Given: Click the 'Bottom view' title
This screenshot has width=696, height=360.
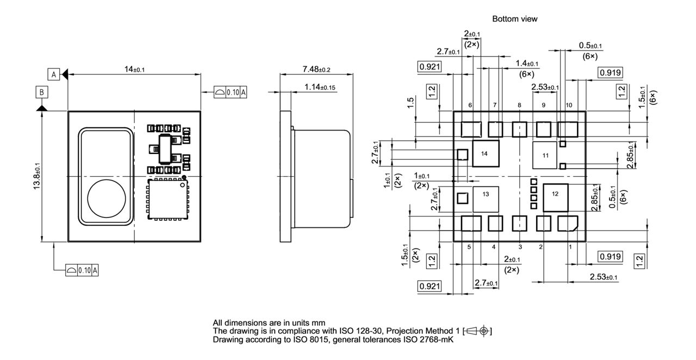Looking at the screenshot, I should tap(514, 19).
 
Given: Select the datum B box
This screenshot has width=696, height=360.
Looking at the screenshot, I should tap(41, 92).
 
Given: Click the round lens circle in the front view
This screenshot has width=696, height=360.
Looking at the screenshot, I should tap(107, 197).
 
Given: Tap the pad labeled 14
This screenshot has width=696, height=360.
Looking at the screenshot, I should tap(484, 154).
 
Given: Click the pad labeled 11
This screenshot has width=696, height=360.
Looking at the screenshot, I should tap(545, 156).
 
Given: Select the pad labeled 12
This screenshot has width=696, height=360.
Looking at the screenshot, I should tap(555, 194).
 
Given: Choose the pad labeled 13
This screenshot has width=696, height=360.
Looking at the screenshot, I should tap(486, 194).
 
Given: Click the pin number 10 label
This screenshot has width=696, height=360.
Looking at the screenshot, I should tap(569, 105).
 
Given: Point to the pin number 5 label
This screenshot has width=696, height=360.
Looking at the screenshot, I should tap(469, 246).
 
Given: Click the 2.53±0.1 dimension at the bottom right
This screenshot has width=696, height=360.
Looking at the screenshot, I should tap(603, 277).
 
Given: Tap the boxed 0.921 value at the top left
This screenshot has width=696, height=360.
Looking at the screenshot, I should tap(429, 67).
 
